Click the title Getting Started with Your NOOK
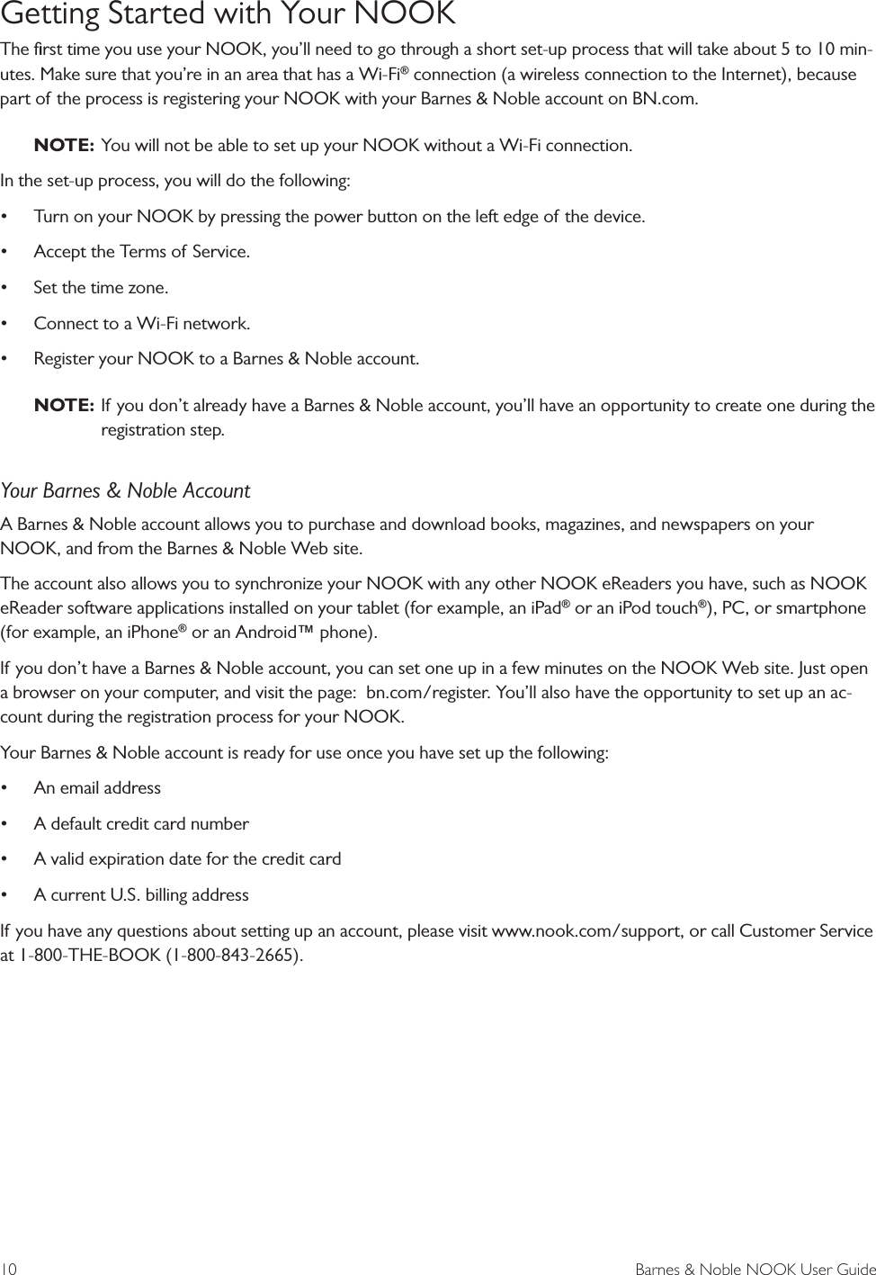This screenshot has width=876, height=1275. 228,15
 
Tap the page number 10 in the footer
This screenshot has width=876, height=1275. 9,1269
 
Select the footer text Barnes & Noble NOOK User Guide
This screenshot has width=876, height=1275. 755,1269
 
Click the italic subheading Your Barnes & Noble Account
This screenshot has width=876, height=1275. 125,490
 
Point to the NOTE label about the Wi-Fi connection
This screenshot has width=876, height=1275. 64,145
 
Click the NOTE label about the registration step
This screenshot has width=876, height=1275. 64,406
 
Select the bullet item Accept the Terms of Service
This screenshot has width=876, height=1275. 141,252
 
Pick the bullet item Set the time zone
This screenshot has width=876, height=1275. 100,288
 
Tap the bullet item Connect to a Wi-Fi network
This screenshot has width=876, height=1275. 141,323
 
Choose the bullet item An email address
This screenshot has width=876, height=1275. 97,787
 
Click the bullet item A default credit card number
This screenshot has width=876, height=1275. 141,823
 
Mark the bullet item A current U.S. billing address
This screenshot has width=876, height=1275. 141,894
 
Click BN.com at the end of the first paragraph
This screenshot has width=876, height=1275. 664,98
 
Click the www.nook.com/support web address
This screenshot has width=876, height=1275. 585,930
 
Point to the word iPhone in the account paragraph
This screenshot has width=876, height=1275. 148,633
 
